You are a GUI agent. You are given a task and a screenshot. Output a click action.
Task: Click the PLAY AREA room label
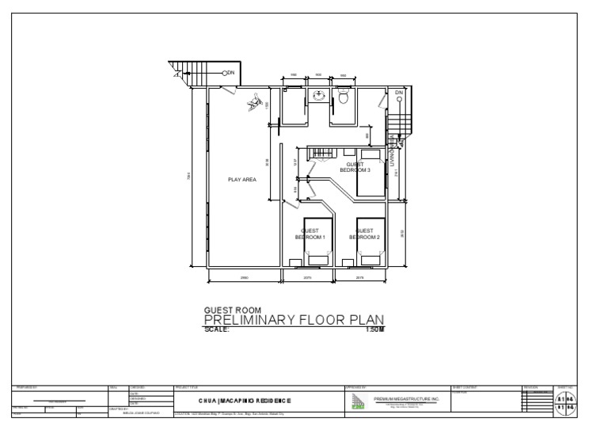242,180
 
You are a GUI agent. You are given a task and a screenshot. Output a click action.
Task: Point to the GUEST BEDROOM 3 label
355,166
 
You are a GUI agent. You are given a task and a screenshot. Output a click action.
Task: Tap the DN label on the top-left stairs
230,73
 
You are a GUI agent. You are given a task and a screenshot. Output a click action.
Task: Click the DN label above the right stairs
399,93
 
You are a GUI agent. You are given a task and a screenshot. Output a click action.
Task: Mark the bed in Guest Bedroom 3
370,181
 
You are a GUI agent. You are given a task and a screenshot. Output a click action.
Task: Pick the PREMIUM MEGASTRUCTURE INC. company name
405,400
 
